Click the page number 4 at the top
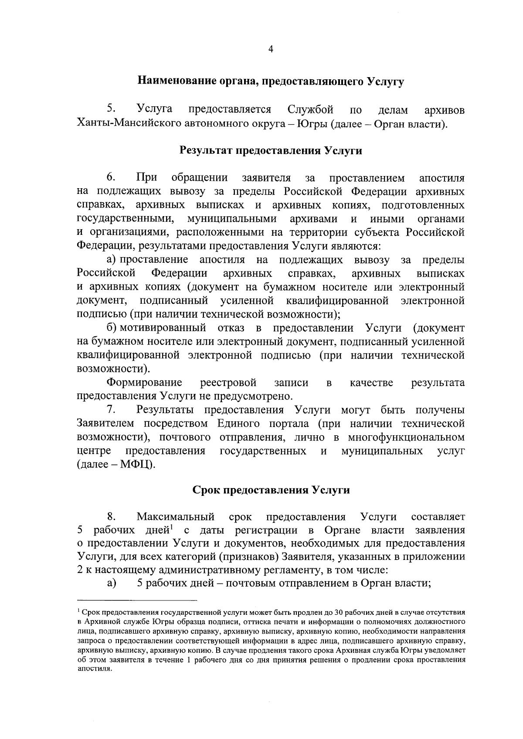[x=270, y=50]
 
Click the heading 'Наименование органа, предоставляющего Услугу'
[x=271, y=81]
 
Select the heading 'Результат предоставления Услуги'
[x=271, y=151]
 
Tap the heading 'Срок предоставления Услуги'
[x=271, y=490]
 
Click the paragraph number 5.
[x=111, y=109]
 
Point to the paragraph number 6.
[x=111, y=178]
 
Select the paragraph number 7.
[x=111, y=410]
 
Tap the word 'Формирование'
[x=144, y=383]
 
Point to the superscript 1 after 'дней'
[x=172, y=528]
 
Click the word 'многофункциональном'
[x=406, y=437]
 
